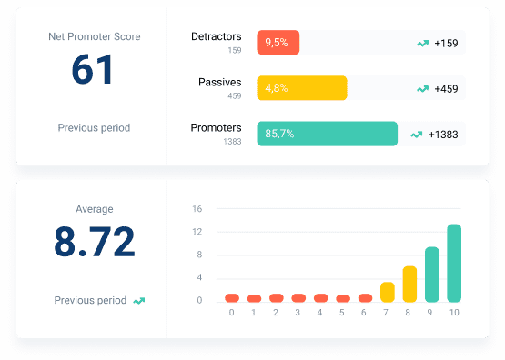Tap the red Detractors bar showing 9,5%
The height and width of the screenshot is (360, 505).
[x=278, y=43]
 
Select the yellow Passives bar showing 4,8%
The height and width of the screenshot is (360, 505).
[x=302, y=88]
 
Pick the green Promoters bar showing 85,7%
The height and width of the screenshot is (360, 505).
[x=328, y=134]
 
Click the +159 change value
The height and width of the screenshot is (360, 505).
[x=447, y=43]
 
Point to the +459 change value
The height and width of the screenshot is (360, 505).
[x=447, y=88]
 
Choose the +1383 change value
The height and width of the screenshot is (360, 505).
[x=444, y=134]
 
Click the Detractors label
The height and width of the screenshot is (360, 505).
[x=217, y=37]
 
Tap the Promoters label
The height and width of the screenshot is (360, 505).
[x=217, y=128]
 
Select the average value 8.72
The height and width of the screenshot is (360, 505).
[x=94, y=242]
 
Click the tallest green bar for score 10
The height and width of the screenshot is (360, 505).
[x=454, y=263]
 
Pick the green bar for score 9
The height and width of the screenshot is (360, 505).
[x=432, y=275]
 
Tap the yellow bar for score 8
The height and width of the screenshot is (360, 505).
[x=409, y=284]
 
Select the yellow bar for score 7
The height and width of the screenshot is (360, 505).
[x=388, y=292]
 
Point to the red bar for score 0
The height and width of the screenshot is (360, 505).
[x=232, y=297]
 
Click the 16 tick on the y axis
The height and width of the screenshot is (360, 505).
[x=197, y=209]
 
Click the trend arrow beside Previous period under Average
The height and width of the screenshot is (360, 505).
[x=139, y=300]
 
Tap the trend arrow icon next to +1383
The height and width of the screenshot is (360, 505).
[x=417, y=134]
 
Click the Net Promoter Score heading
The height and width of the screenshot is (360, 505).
[x=94, y=36]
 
